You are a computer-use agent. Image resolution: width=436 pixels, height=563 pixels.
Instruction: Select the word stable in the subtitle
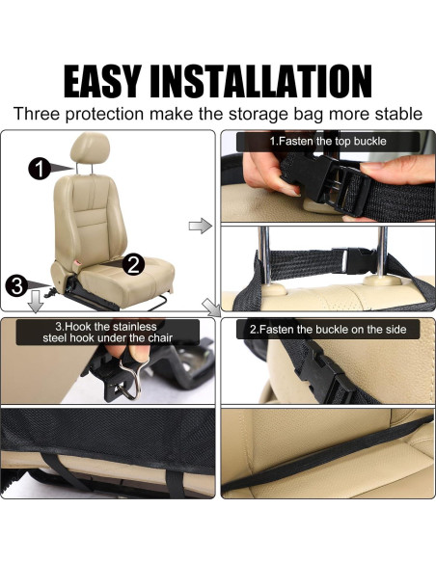pyautogui.click(x=395, y=114)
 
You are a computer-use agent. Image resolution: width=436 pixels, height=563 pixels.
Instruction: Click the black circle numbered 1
pyautogui.click(x=40, y=170)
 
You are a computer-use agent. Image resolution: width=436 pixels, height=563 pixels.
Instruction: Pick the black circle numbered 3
pyautogui.click(x=15, y=285)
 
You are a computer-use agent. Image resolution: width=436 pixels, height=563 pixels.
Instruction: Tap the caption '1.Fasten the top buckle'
pyautogui.click(x=330, y=142)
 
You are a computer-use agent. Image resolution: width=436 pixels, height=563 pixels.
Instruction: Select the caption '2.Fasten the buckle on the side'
pyautogui.click(x=328, y=330)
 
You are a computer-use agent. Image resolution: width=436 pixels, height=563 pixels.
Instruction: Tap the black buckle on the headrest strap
pyautogui.click(x=358, y=259)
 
